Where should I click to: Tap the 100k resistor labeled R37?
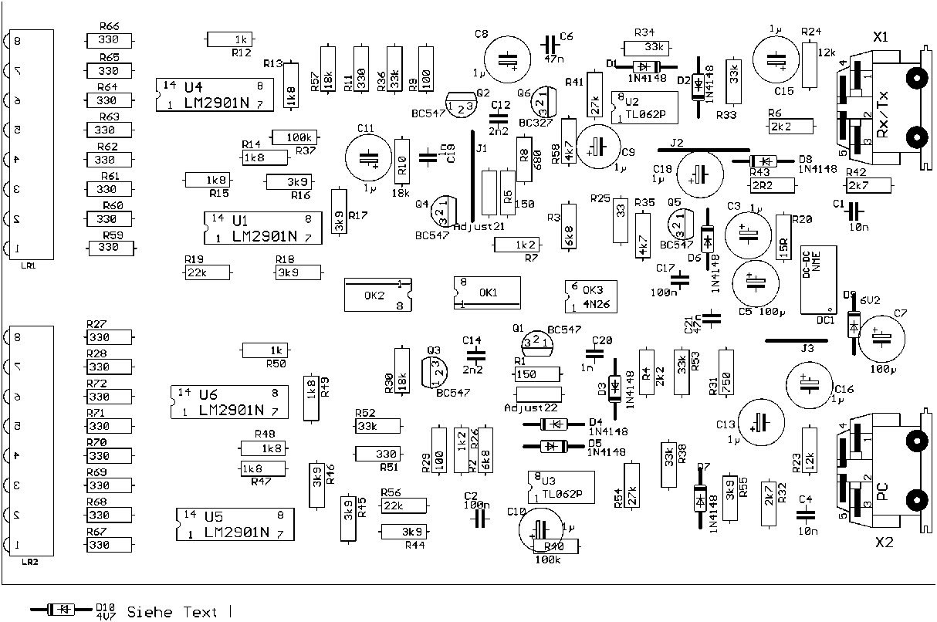pos(294,137)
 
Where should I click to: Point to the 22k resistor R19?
pos(208,272)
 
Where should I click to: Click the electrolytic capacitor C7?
pos(880,338)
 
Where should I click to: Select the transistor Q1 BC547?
pos(538,341)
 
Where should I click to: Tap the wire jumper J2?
pos(703,150)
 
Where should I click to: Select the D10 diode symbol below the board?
pos(61,610)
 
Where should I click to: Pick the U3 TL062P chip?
pos(563,487)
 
